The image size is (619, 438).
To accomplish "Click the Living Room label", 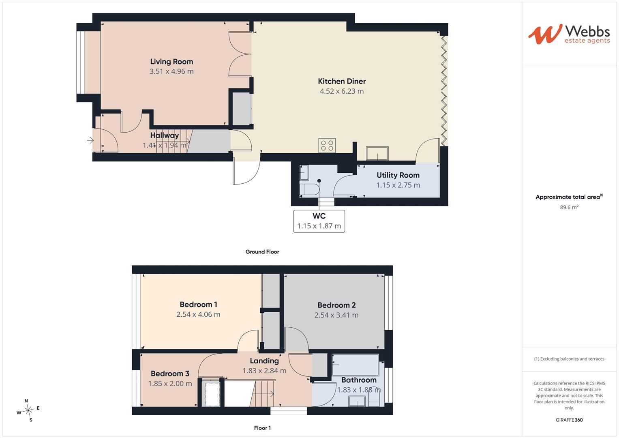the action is tap(171, 62).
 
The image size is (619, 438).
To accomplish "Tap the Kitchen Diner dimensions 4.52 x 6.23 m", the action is tap(342, 91).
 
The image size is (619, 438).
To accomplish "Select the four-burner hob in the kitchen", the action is tap(327, 146).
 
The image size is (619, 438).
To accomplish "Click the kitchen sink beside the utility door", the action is tap(377, 153).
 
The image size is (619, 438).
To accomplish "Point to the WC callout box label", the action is tap(319, 216).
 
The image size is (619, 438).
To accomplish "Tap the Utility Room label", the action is tap(398, 175).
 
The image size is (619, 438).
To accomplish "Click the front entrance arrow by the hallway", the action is tap(90, 140).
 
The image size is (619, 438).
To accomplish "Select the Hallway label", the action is tap(165, 135).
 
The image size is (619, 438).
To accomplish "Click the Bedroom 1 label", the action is tap(198, 305).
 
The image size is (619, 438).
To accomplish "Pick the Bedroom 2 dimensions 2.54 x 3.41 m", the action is tap(336, 315).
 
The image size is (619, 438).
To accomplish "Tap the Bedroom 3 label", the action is tap(170, 374).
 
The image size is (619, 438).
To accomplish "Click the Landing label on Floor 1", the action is tap(264, 361).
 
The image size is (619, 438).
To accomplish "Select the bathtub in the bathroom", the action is tap(355, 365).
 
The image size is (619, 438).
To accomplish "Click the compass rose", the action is tap(28, 410).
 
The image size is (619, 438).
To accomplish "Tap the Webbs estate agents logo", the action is tap(569, 34).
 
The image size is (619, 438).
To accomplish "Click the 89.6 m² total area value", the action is tap(569, 207).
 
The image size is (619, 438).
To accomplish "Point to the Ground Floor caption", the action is tap(262, 252).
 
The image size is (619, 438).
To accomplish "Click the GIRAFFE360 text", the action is tap(569, 420).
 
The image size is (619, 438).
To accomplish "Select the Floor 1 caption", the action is tap(262, 428).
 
